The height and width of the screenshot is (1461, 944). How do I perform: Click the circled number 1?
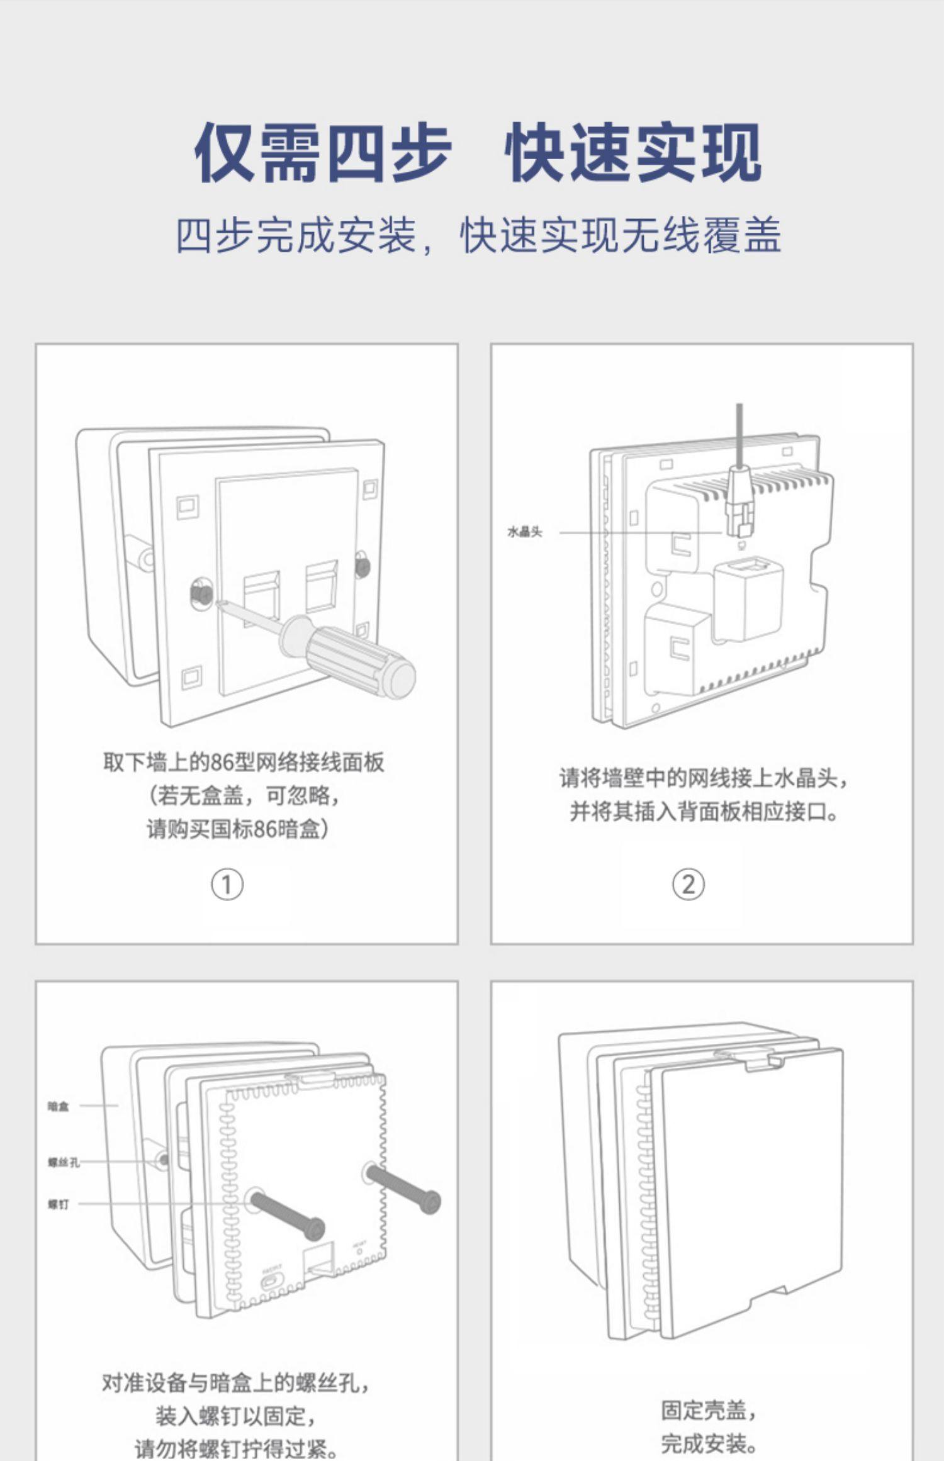click(x=227, y=885)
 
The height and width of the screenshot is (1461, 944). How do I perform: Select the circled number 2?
click(x=688, y=885)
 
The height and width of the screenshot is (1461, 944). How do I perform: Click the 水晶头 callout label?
click(x=524, y=532)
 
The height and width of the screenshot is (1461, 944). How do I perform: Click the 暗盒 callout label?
click(x=58, y=1106)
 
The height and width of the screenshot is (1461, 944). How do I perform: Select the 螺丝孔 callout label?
click(x=64, y=1162)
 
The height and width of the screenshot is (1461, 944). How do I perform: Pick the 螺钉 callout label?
click(x=58, y=1204)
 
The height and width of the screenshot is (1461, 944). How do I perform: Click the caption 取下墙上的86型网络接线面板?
click(x=244, y=763)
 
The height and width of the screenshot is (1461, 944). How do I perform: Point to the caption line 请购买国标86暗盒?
click(x=237, y=829)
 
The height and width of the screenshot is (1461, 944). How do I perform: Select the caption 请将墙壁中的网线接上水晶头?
click(x=704, y=778)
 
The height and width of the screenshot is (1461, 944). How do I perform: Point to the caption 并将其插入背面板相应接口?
click(x=704, y=812)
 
